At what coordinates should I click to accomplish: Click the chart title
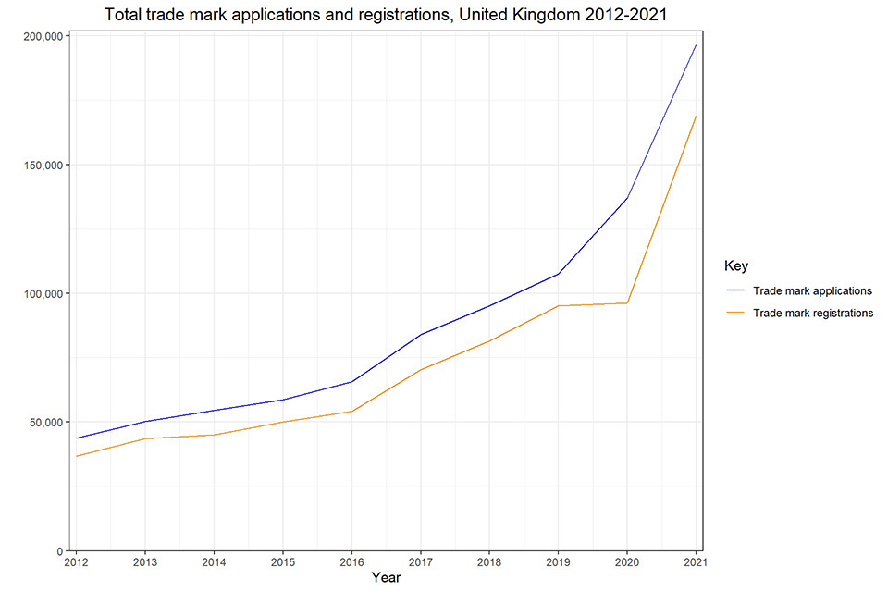coord(386,15)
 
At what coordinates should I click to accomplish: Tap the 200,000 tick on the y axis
coord(40,36)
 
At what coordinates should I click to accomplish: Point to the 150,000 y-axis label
coord(40,165)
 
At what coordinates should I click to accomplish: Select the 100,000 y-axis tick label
coord(40,293)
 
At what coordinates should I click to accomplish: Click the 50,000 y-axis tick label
coord(43,422)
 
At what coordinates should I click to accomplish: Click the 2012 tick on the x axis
coord(76,562)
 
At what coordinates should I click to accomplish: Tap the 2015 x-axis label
coord(282,562)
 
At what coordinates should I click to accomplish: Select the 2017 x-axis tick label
coord(420,562)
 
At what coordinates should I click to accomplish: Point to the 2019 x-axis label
coord(558,562)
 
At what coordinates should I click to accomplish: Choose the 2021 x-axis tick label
coord(695,562)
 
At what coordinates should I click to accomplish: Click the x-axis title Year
coord(386,578)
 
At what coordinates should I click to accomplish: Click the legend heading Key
coord(736,266)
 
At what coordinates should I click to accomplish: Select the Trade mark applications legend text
coord(812,290)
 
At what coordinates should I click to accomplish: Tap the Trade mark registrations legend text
coord(813,313)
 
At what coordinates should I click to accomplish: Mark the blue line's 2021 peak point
coord(696,44)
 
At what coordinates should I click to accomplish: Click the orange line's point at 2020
coord(627,303)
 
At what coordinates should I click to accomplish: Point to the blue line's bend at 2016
coord(351,382)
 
